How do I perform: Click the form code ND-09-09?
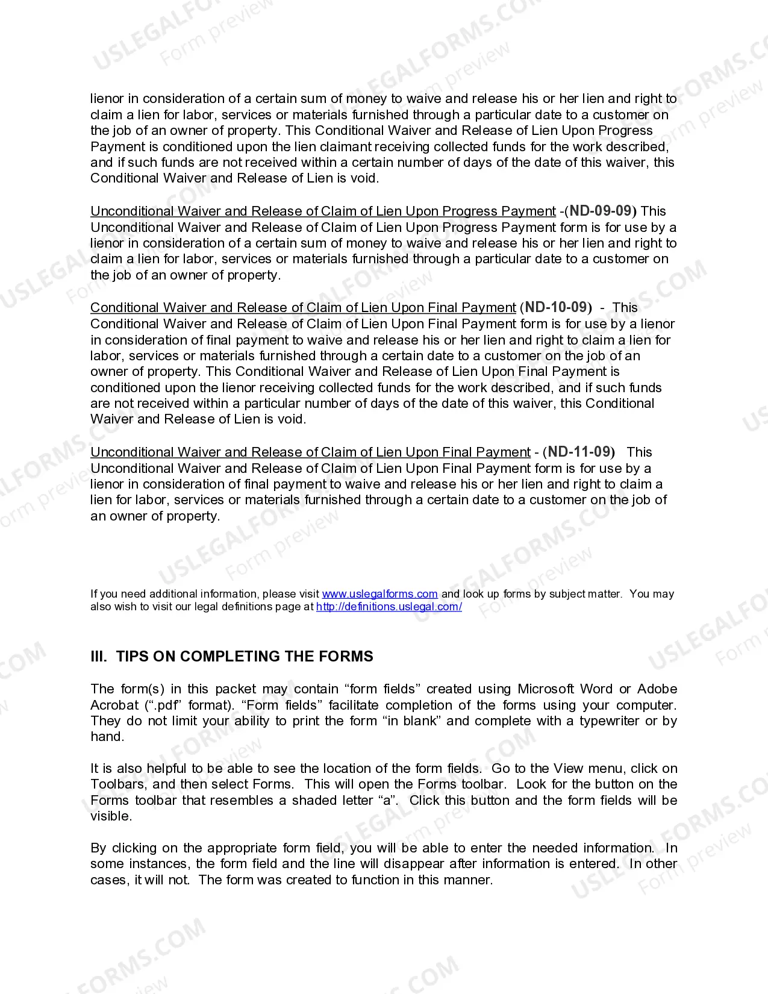[603, 211]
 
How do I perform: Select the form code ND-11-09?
[581, 452]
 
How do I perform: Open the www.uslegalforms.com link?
[379, 594]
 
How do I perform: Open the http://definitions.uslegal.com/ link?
[389, 607]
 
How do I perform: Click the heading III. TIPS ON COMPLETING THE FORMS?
[232, 656]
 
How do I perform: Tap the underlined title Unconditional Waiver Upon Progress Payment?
[323, 211]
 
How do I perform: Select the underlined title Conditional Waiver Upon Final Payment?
[303, 308]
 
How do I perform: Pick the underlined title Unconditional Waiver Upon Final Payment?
[310, 452]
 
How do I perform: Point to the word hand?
[107, 736]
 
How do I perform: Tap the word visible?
[110, 816]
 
